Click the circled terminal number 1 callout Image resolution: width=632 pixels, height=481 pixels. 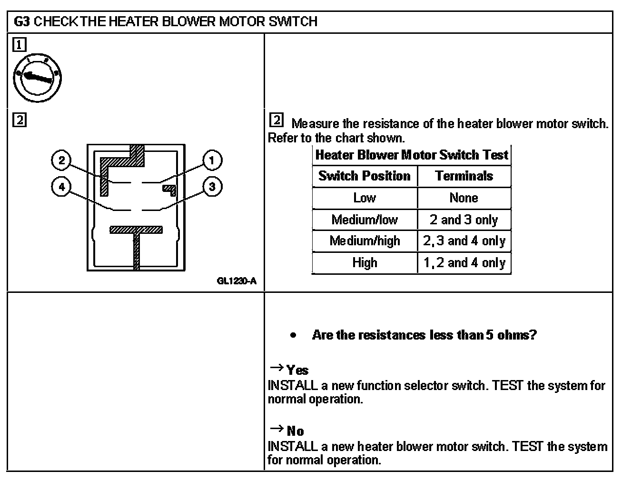tap(212, 160)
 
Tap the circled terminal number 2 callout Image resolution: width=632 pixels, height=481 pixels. tap(61, 160)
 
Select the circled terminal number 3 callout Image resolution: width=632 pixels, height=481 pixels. tap(212, 187)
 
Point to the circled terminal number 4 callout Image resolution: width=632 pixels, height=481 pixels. tap(61, 187)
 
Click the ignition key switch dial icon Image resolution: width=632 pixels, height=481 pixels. tap(37, 78)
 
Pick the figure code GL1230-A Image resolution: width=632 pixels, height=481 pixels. tap(237, 281)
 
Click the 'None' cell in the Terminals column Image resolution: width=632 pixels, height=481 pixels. tap(464, 198)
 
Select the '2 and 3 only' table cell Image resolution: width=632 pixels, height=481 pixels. tap(464, 220)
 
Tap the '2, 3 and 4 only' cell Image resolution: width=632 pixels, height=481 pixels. tap(464, 241)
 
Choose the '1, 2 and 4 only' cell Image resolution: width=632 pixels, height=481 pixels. tap(464, 263)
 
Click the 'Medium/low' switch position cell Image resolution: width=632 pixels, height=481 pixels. tap(364, 220)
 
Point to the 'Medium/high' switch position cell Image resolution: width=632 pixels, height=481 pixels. tap(364, 241)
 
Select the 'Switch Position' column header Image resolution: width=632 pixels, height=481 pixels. tap(364, 176)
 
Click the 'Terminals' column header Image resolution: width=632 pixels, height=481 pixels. tap(464, 176)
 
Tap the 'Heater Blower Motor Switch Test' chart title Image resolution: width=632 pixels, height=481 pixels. tap(412, 155)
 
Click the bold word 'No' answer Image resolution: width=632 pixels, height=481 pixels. tap(295, 431)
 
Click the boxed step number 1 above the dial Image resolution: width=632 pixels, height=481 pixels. tap(19, 45)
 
